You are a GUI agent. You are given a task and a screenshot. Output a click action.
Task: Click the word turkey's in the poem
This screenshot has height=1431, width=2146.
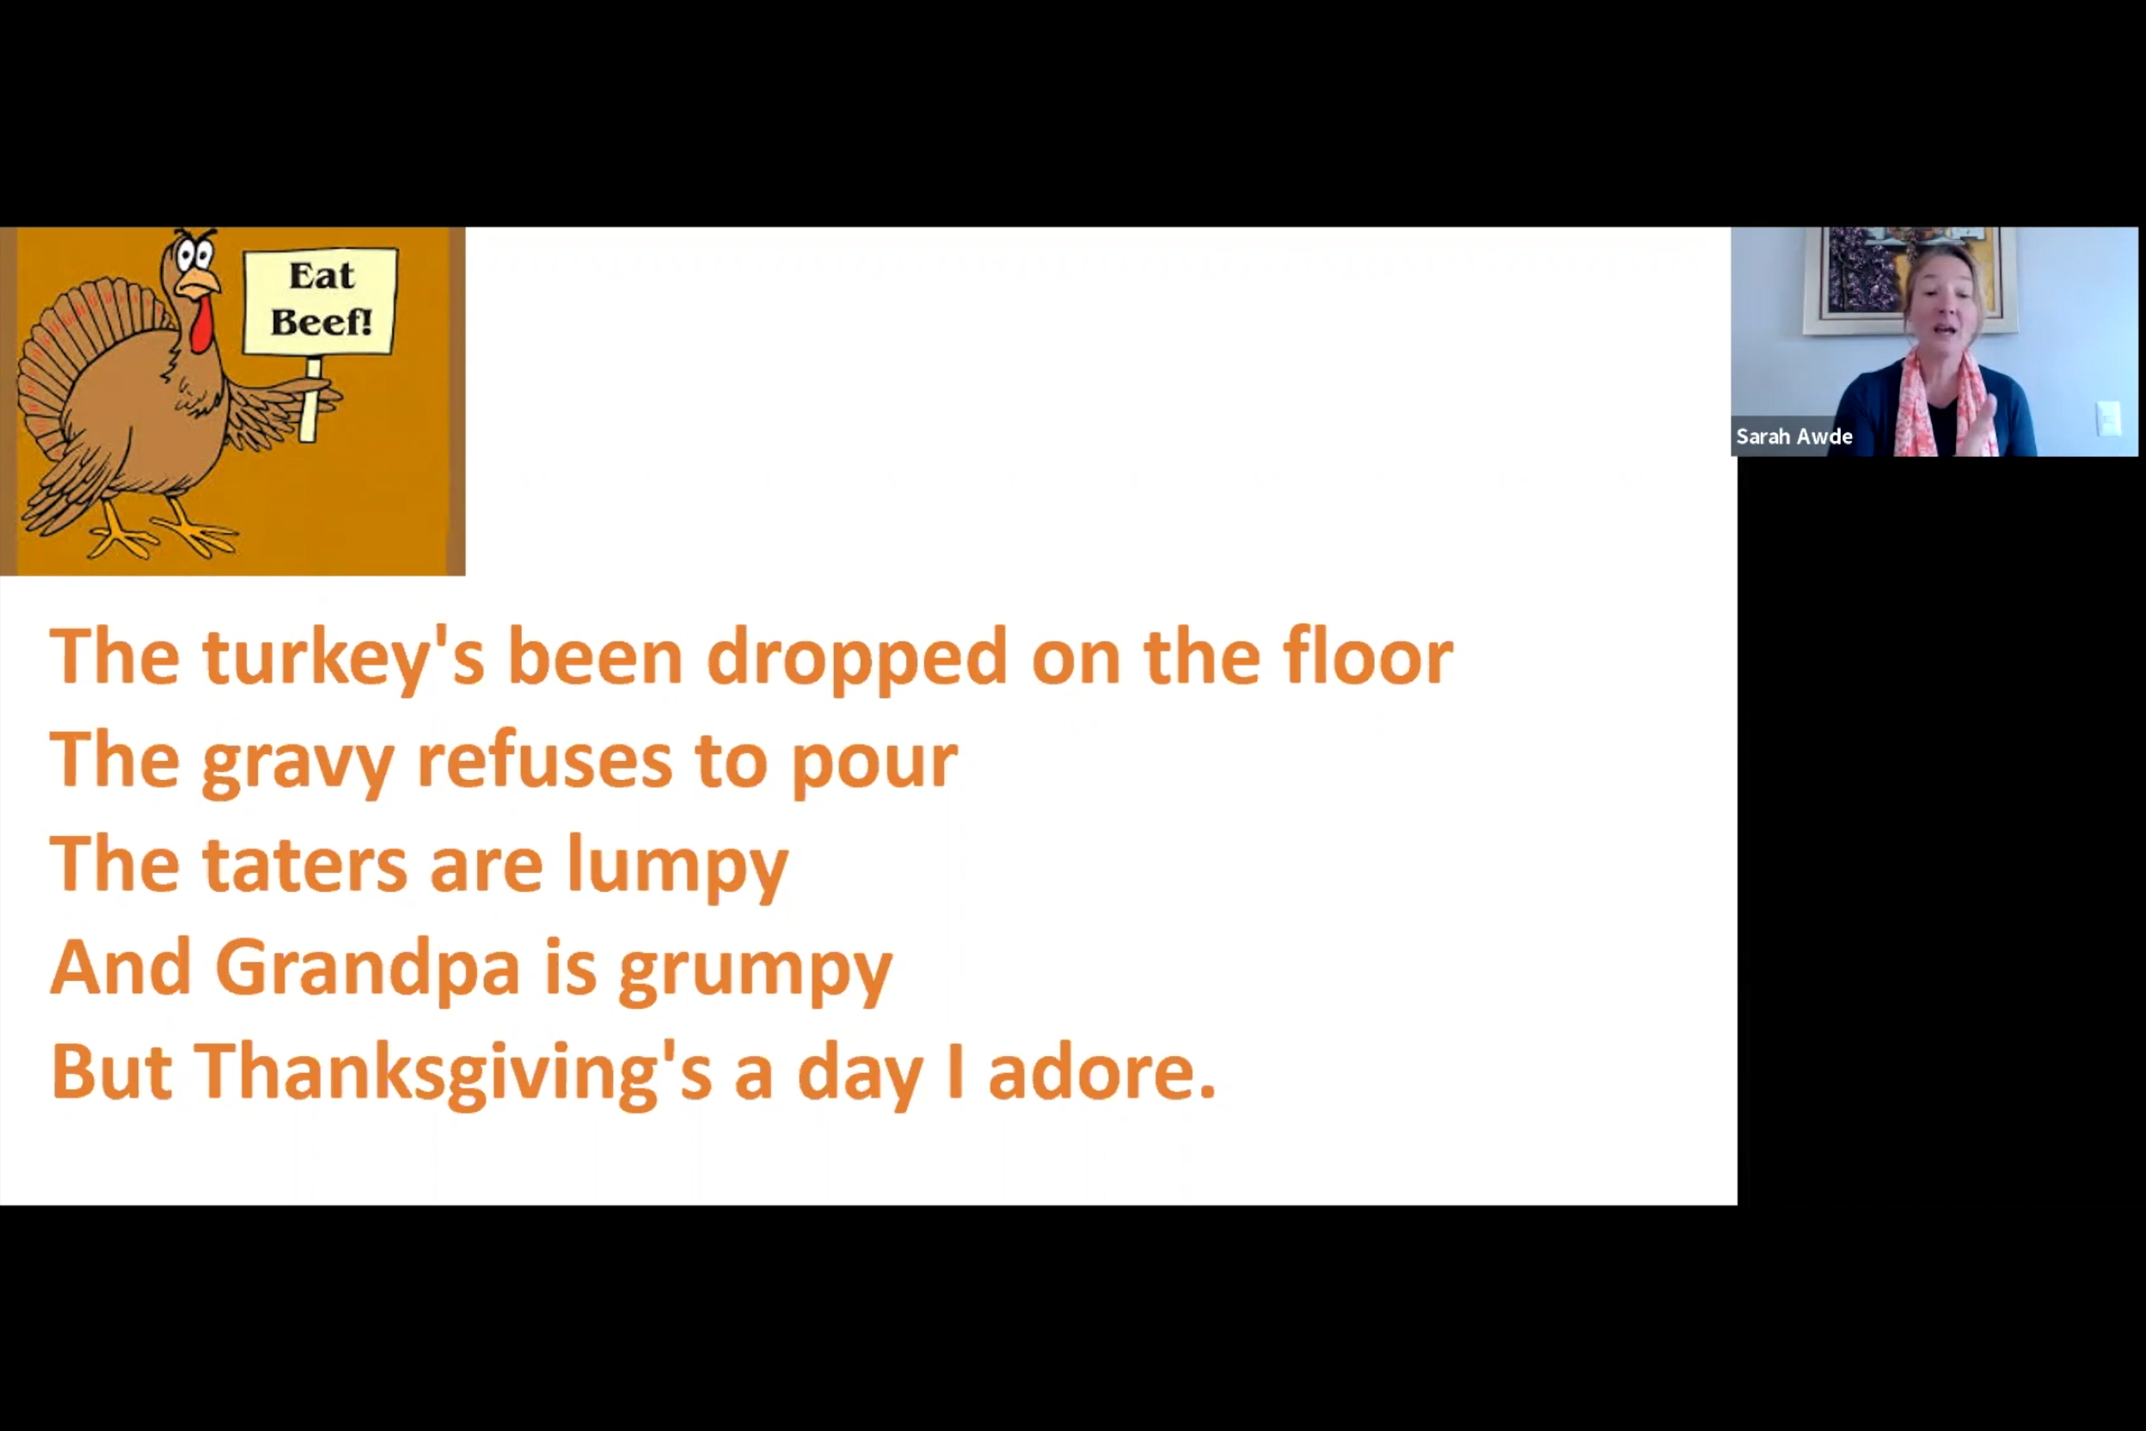(x=343, y=657)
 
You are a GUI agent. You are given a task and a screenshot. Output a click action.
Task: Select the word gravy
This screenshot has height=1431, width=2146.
(x=297, y=763)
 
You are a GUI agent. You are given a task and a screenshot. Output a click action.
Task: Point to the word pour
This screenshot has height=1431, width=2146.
(x=874, y=763)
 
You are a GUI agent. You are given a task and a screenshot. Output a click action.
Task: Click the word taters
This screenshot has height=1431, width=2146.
(x=304, y=864)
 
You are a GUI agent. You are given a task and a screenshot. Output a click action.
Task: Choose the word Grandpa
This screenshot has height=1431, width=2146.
(x=367, y=967)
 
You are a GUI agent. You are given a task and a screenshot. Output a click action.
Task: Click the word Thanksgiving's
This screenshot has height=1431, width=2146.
(x=452, y=1073)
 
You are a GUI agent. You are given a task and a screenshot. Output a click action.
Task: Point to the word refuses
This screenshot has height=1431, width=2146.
(x=543, y=761)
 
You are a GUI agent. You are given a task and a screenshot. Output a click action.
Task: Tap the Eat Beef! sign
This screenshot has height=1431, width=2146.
(x=320, y=300)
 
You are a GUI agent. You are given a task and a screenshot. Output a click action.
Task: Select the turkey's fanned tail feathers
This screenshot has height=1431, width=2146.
(x=73, y=365)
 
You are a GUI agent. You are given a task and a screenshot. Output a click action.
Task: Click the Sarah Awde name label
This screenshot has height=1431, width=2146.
(x=1793, y=436)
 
